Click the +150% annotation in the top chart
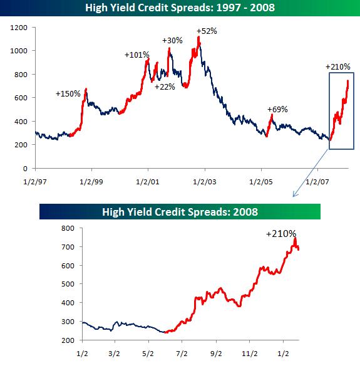coord(68,94)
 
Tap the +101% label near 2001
coord(137,55)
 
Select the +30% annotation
coord(172,41)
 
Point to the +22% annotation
coord(166,87)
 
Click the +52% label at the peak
coord(207,31)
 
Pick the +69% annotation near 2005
coord(277,109)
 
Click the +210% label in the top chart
coord(338,66)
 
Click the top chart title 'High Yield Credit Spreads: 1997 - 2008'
coord(180,8)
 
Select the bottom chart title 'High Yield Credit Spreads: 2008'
coord(180,211)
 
